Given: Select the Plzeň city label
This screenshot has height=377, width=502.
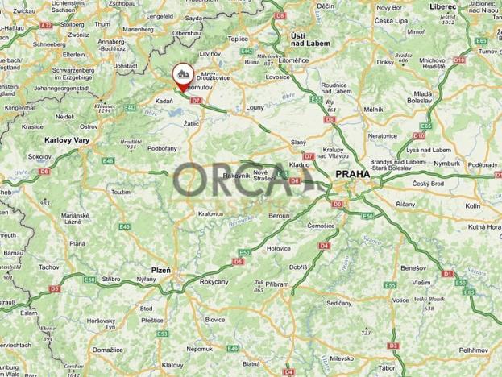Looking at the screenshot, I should [161, 270].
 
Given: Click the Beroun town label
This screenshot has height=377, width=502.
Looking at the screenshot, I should [279, 217].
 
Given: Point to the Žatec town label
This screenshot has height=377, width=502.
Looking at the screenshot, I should [191, 123].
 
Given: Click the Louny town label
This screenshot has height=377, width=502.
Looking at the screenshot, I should [255, 106].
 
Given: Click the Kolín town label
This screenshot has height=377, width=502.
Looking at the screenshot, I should [473, 206].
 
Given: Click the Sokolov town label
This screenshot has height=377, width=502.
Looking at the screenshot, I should [39, 156].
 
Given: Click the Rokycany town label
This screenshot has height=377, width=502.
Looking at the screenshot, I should [214, 281].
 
